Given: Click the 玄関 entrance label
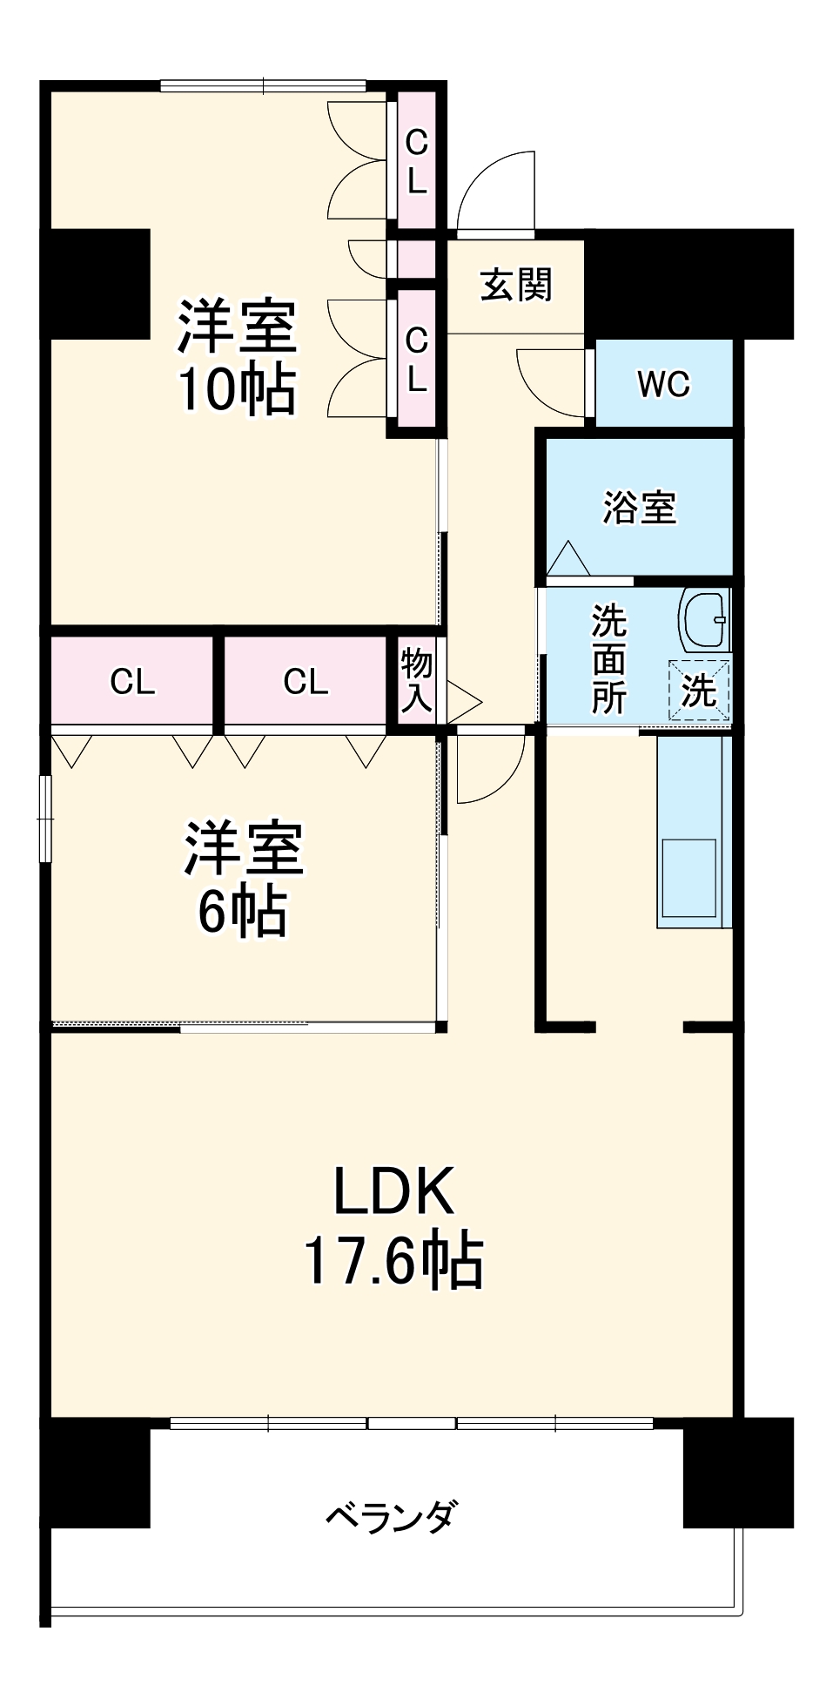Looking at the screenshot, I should click(516, 285).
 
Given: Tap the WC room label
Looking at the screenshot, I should click(663, 384).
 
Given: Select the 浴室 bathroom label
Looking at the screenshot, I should click(640, 507).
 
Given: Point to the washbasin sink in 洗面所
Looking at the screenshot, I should click(704, 619).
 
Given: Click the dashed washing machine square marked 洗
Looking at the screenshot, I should click(699, 691).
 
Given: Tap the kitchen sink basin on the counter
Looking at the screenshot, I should click(688, 877).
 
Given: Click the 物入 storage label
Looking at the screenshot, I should click(416, 681).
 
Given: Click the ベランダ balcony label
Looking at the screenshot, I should click(390, 1516).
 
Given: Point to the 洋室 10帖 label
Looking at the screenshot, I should click(237, 356).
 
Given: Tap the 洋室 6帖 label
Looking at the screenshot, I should click(243, 879).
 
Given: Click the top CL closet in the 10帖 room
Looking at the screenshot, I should click(417, 161).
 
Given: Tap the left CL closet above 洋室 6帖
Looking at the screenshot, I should click(132, 682).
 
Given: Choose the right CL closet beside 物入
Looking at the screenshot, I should click(306, 682).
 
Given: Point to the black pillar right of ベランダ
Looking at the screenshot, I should click(738, 1473).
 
